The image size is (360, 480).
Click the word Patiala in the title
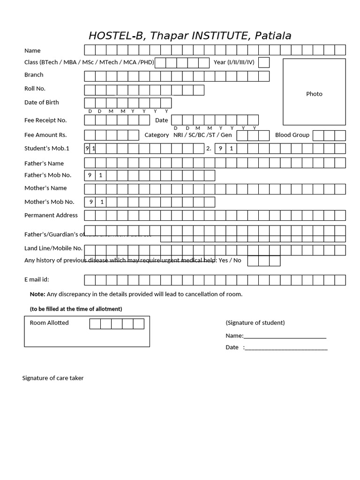coord(273,36)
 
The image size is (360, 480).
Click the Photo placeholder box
coord(314,92)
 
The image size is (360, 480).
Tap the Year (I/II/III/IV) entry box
coord(264,62)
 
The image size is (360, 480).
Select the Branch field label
coord(34,75)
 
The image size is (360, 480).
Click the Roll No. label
coord(35,89)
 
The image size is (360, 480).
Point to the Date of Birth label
coord(42,102)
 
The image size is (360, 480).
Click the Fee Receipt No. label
coord(45,120)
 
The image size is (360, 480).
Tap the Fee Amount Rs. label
coord(45,135)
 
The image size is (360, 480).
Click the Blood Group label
coord(292,135)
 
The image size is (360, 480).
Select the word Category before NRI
coord(157,135)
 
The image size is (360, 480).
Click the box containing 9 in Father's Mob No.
coord(90,175)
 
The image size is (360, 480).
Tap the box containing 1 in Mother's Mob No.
coord(101,202)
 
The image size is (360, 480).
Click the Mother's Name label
coord(45,188)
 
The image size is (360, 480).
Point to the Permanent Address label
coord(51,215)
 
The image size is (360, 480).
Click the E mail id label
coord(37,279)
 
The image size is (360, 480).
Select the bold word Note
coord(37,294)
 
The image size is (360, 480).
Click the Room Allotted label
coord(49,322)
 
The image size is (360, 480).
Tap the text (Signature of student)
coord(255,322)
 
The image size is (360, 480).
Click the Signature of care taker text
coord(53,378)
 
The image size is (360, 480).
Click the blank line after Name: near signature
coord(285,336)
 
